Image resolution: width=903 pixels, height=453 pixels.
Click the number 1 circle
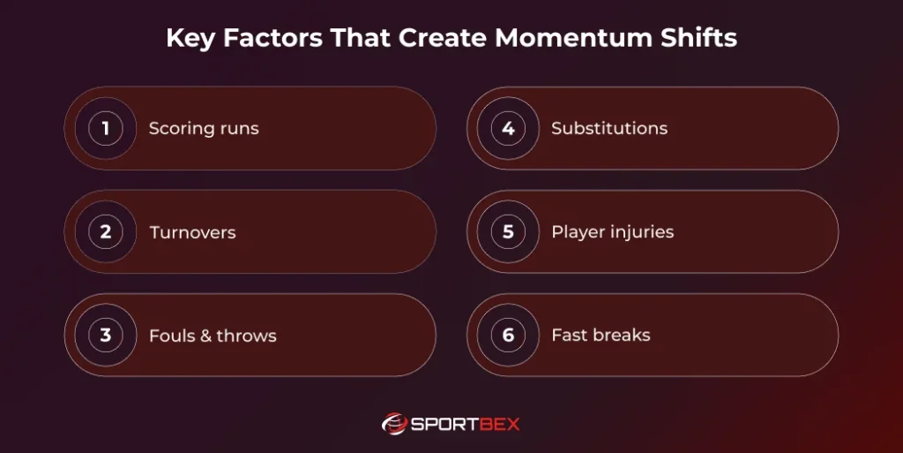(106, 129)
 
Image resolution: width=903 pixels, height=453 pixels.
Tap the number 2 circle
(106, 232)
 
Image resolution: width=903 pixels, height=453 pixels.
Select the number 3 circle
(106, 336)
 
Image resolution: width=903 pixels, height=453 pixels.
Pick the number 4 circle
(508, 129)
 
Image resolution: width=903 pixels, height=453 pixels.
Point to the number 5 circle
(508, 232)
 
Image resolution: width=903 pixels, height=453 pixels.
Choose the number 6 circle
(508, 336)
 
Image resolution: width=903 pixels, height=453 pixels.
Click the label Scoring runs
(204, 129)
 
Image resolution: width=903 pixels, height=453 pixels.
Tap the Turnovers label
(192, 233)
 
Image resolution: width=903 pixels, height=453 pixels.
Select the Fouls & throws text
(213, 336)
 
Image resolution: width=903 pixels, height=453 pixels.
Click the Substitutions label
(609, 129)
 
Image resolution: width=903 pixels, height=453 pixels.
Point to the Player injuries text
(612, 232)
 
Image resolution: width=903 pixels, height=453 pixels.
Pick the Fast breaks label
(601, 336)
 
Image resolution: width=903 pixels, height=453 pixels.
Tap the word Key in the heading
(187, 39)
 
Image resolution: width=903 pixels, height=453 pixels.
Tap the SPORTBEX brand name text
(466, 425)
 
